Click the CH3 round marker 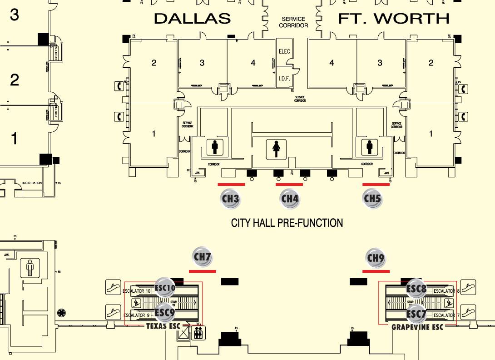231,199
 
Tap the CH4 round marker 290,199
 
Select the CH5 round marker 372,199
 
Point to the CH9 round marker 376,259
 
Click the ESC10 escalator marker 165,288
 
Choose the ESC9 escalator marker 165,313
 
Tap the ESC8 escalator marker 416,288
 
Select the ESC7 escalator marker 416,314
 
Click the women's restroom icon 276,149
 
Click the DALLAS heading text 192,19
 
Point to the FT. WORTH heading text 394,19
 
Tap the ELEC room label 284,51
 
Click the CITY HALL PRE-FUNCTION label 287,223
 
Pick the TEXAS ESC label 163,326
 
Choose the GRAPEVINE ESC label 417,327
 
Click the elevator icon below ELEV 198,334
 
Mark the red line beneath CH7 202,271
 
